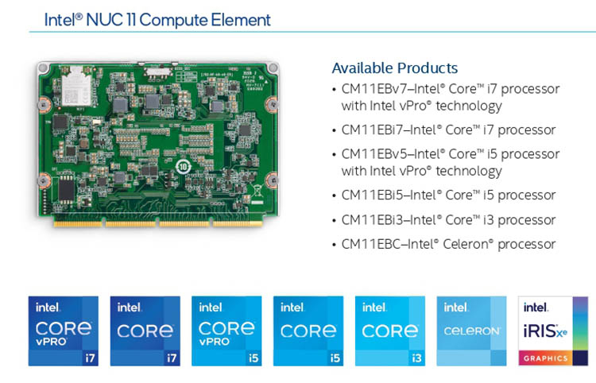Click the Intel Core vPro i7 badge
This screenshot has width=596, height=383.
(63, 331)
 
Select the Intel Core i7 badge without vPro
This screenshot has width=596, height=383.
(145, 331)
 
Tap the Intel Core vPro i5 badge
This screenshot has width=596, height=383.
(226, 331)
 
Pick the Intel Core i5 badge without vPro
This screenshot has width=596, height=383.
(308, 331)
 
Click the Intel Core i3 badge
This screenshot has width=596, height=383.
(390, 331)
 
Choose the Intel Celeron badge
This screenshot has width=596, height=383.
(471, 331)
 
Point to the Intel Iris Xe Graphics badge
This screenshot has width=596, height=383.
(553, 331)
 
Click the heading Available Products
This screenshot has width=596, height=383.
(395, 68)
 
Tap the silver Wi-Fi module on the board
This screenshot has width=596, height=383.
(77, 86)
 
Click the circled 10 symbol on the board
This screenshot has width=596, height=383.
(184, 167)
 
